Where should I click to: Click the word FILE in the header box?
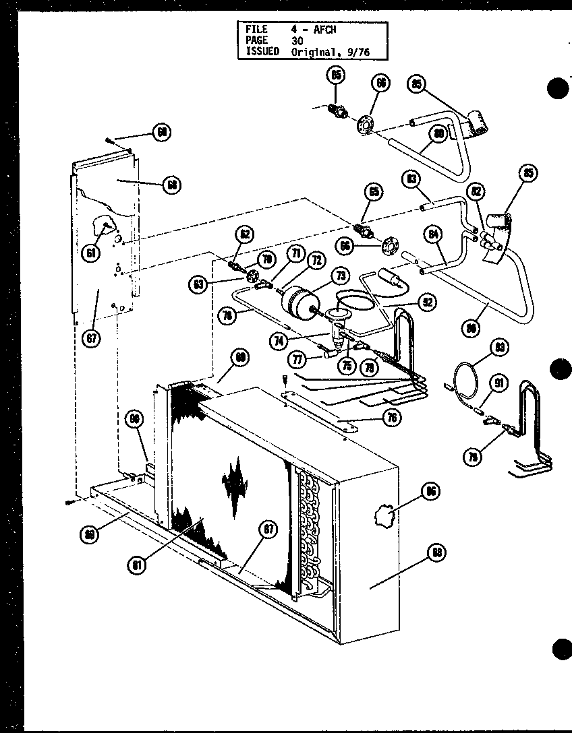[257, 30]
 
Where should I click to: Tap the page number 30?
[297, 40]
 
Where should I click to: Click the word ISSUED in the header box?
[262, 51]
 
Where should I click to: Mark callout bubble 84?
[434, 235]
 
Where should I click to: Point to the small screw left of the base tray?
[71, 502]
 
